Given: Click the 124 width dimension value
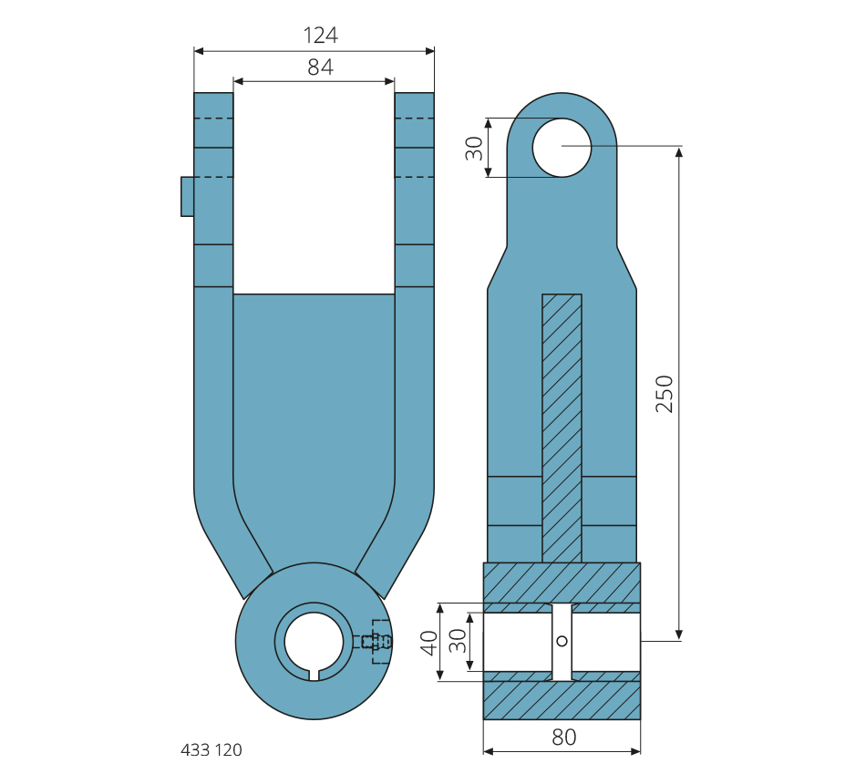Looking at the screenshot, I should (x=320, y=36).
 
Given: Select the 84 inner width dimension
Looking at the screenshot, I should (x=320, y=67).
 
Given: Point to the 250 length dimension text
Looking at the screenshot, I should (x=665, y=393).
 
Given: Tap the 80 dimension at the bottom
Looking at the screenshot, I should (x=563, y=738).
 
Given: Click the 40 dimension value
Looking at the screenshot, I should (x=428, y=641).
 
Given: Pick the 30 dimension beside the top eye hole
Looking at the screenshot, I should (x=474, y=148).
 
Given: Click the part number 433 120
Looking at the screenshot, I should (x=211, y=750).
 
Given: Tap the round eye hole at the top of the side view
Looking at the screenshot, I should (x=562, y=147).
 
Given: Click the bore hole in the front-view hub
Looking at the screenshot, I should (x=314, y=639).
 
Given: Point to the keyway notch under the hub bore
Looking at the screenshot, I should (x=314, y=675).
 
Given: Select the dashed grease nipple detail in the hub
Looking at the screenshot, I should (x=375, y=642).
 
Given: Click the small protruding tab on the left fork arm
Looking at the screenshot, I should (x=187, y=196).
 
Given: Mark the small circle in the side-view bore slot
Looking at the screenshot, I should (x=562, y=641).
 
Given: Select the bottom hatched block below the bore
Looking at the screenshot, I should (x=562, y=699).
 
